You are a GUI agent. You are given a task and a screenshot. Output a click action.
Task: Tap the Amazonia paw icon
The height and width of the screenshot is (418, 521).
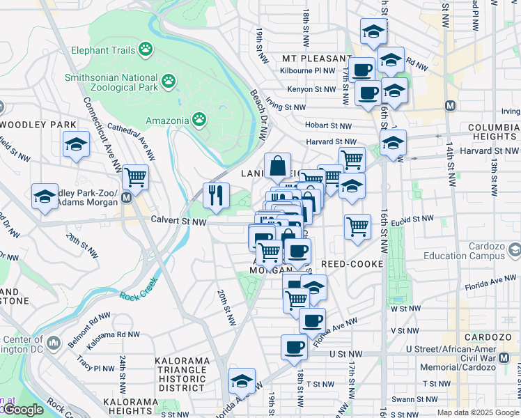click(199, 120)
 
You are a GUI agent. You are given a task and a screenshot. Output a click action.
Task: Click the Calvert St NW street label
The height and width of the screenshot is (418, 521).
click(179, 222)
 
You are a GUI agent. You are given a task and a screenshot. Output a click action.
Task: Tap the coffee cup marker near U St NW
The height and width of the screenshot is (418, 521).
click(293, 347)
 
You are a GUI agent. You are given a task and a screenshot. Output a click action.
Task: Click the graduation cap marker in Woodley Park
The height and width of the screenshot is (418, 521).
click(76, 145)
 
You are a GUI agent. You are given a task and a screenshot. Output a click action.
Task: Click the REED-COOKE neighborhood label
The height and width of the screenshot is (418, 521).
click(352, 265)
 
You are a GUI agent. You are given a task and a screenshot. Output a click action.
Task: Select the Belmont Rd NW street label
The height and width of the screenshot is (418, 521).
click(90, 322)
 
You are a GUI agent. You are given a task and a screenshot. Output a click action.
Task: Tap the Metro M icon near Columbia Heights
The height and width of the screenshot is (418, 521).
click(450, 105)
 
